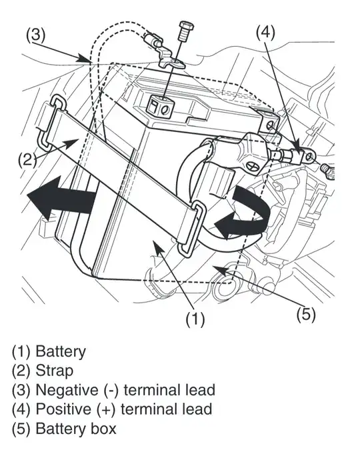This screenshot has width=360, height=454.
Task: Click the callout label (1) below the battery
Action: (194, 319)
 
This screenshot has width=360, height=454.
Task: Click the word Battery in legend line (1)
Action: (61, 350)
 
